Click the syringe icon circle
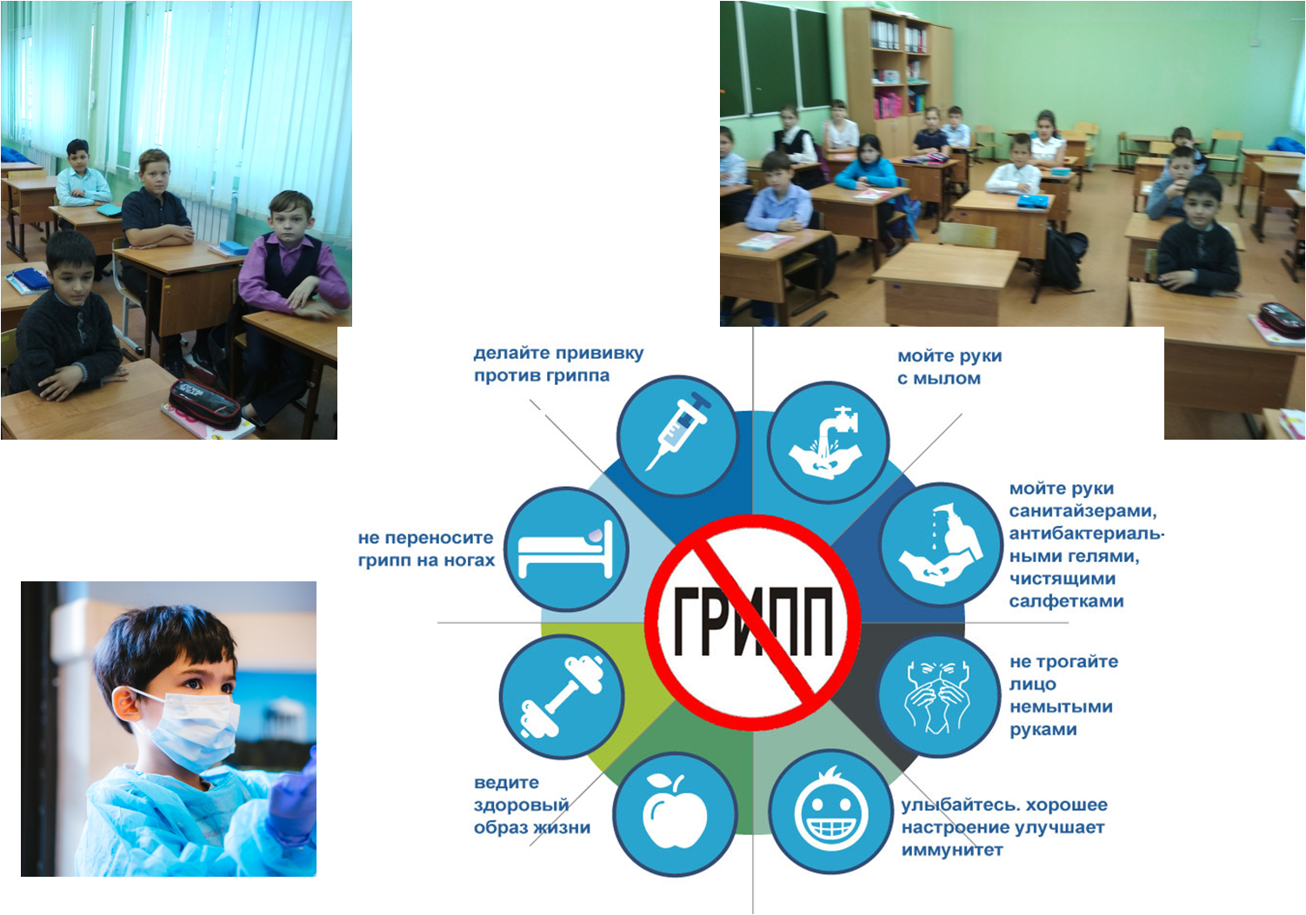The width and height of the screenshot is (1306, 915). point(678,436)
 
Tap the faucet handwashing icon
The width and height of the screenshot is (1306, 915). point(829,442)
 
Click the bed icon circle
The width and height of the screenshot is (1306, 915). point(566,549)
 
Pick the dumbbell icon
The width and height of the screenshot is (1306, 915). point(562,696)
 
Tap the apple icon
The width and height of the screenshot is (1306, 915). point(675,813)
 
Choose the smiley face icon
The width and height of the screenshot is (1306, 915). point(831,812)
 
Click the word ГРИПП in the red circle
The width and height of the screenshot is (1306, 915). point(753,621)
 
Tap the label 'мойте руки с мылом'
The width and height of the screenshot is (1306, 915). point(950,368)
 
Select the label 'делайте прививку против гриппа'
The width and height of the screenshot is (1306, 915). point(558,364)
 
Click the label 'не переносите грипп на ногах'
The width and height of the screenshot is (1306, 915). point(426,549)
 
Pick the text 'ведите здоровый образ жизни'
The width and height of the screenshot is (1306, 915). point(532,805)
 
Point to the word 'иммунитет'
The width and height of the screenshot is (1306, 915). point(952,851)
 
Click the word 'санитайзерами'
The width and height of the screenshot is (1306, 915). point(1083,511)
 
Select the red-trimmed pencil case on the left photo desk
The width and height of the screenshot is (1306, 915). point(204,404)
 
